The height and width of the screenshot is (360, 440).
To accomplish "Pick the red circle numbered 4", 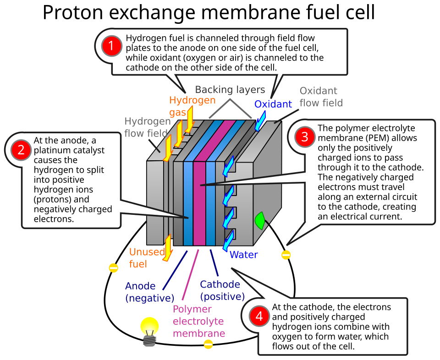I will tap(259, 316).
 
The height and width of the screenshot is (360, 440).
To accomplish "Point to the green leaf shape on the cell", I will tap(260, 220).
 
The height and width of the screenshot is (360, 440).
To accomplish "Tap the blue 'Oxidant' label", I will tap(273, 104).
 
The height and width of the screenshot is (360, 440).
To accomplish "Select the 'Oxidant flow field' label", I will tap(321, 97).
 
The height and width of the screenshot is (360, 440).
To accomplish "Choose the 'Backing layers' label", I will tap(230, 89).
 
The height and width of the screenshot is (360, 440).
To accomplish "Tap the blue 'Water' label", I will tap(243, 255).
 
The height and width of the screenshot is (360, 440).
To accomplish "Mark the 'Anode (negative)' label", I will tap(149, 292).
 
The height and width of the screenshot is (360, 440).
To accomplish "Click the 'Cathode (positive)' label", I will tap(222, 290).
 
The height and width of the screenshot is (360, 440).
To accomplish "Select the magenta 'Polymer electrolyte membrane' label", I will tap(198, 321).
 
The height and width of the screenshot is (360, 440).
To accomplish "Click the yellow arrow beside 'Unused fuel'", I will tap(168, 248).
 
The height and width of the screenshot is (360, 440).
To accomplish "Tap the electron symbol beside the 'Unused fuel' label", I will tap(113, 268).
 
